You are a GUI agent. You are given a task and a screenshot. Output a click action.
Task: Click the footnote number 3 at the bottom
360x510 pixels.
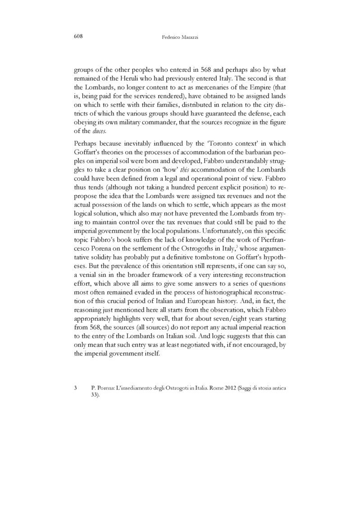pyautogui.click(x=75, y=387)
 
